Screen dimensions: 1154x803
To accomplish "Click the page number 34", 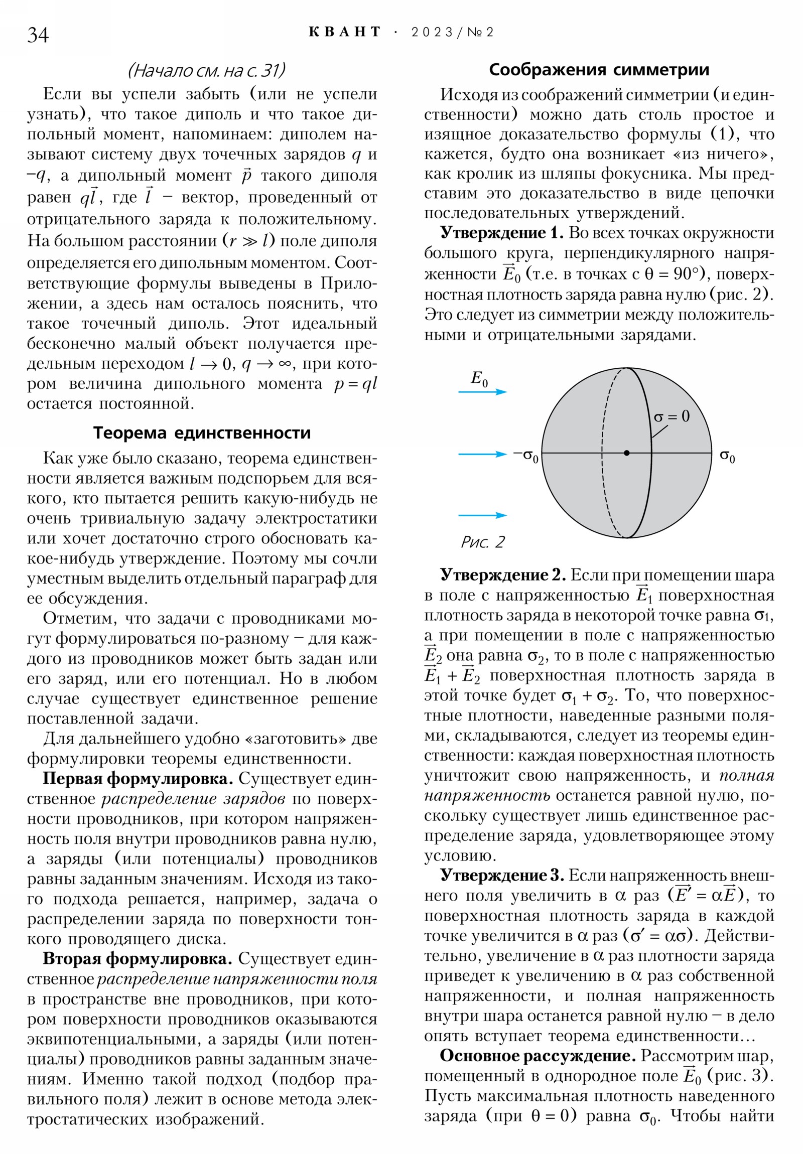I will [38, 35].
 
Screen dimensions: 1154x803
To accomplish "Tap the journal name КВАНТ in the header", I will [344, 32].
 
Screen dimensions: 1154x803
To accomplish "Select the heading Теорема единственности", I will [202, 432].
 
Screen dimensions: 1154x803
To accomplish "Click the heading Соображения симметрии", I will [598, 69].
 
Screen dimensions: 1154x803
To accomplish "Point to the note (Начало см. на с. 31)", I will [206, 70].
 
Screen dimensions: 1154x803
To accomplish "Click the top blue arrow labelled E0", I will [483, 391].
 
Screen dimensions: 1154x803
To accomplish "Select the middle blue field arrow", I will [483, 455].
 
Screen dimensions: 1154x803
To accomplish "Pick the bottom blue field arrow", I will [483, 515].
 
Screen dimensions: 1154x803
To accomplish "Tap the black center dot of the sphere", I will [626, 453].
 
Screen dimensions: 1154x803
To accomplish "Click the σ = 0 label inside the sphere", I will [672, 416].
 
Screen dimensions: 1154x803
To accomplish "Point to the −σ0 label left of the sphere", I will [525, 456].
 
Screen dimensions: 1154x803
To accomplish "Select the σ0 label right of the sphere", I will [727, 457].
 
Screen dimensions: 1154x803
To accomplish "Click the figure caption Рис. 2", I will [482, 542].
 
